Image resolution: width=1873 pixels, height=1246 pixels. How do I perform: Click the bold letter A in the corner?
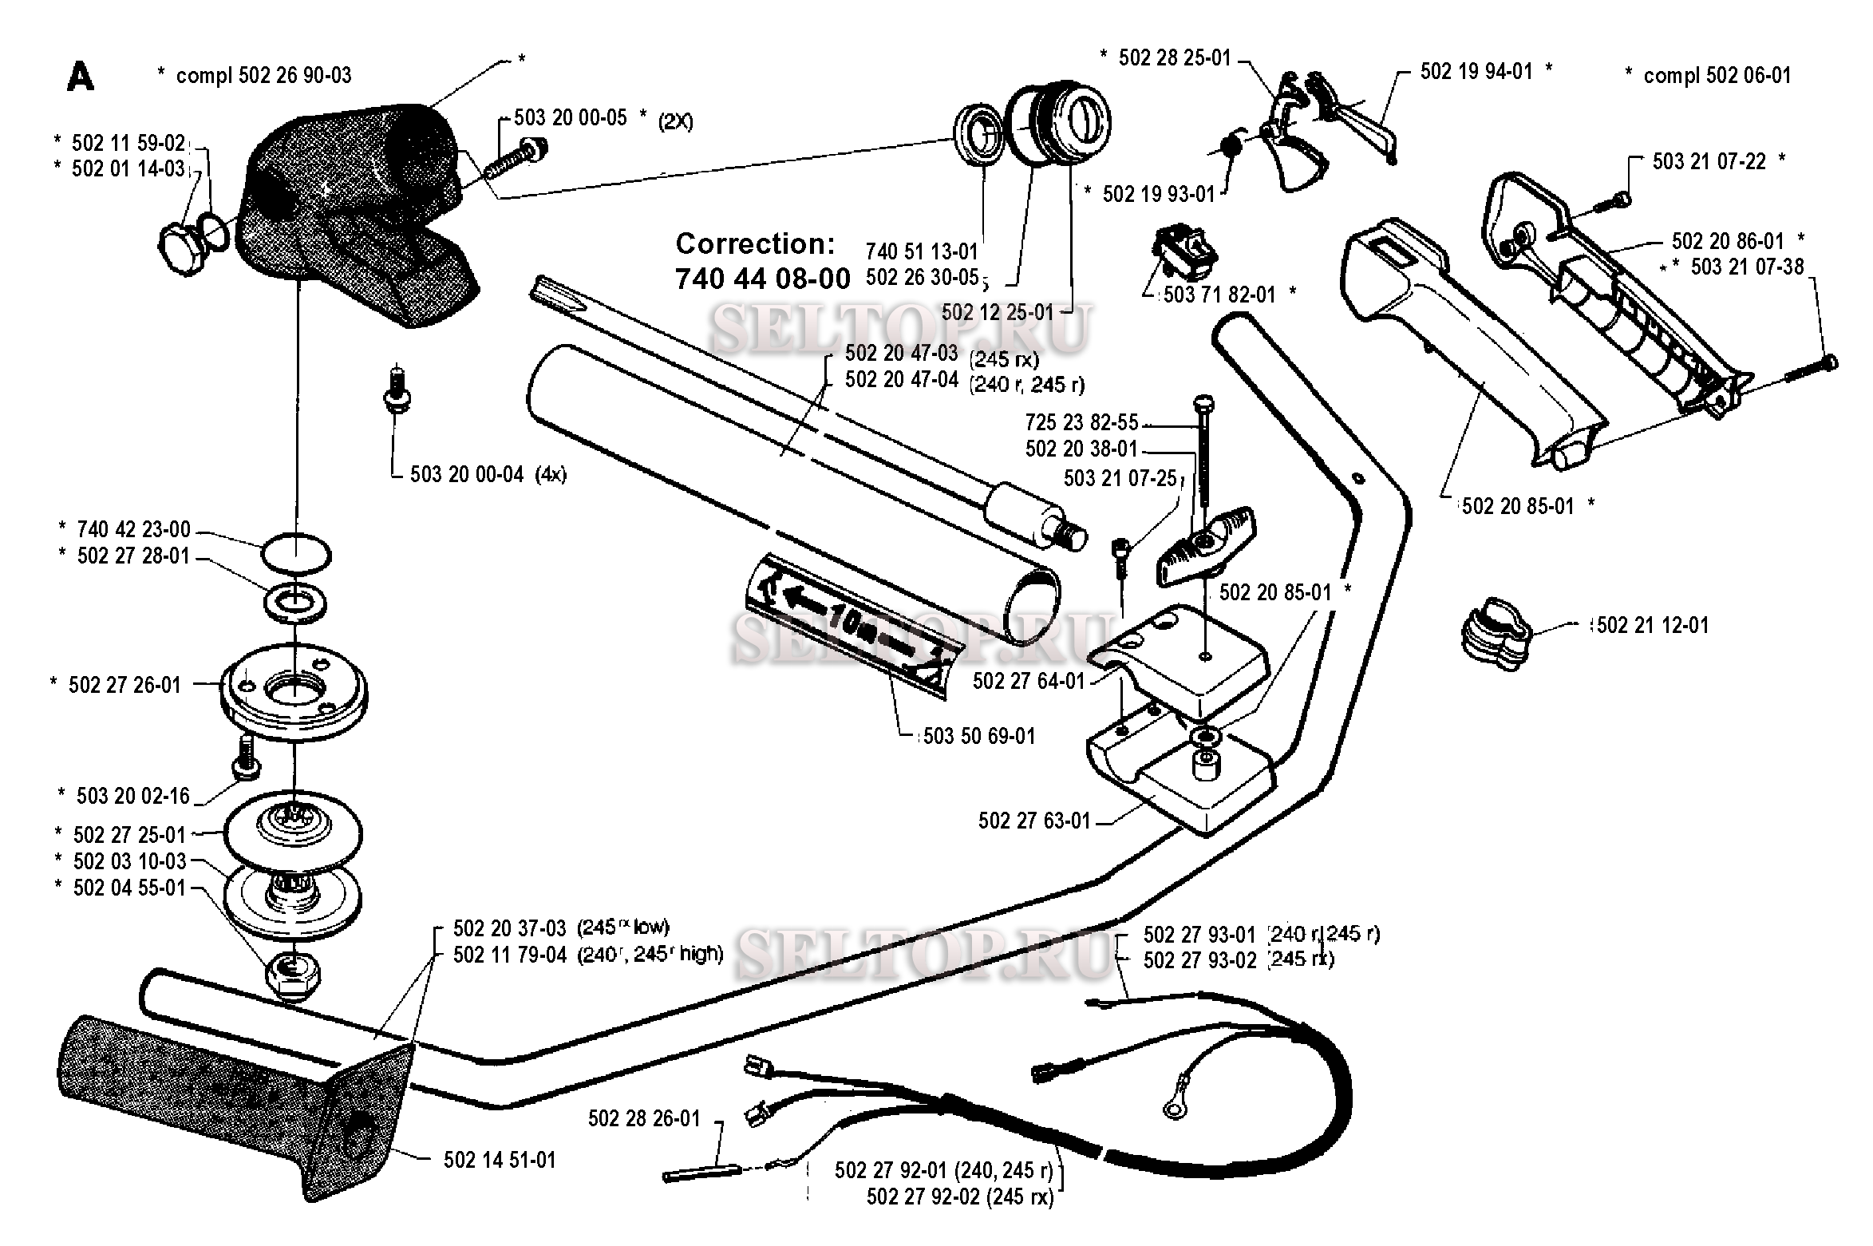pyautogui.click(x=81, y=77)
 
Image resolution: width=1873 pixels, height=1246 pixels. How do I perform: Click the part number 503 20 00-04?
pyautogui.click(x=466, y=475)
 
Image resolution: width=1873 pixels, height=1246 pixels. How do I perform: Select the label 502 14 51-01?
pyautogui.click(x=499, y=1160)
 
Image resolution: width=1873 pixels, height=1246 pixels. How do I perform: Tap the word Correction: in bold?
pyautogui.click(x=755, y=243)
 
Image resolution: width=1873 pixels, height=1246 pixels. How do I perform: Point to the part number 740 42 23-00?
pyautogui.click(x=133, y=529)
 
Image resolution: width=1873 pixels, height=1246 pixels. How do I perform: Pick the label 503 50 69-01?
pyautogui.click(x=978, y=736)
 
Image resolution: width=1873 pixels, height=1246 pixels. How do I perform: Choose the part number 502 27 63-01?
pyautogui.click(x=1034, y=821)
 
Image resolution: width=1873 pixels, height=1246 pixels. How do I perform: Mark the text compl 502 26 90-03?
pyautogui.click(x=263, y=76)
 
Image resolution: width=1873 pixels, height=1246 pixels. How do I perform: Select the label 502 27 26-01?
pyautogui.click(x=124, y=685)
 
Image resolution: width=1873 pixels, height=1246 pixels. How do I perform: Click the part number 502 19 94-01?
pyautogui.click(x=1476, y=72)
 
